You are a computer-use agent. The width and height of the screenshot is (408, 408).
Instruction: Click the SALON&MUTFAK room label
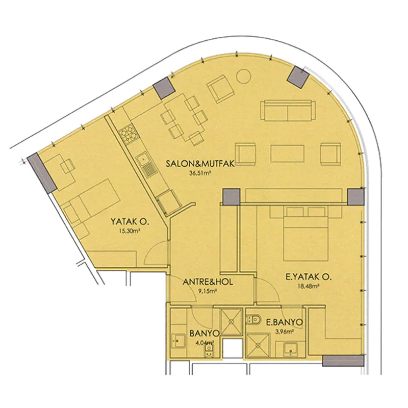200,164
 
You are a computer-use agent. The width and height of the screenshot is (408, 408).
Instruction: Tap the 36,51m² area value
200,172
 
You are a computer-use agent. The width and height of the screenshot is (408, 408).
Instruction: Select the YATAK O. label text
130,222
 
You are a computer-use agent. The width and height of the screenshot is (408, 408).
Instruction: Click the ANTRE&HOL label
208,282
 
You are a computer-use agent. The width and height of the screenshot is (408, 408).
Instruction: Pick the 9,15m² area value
208,291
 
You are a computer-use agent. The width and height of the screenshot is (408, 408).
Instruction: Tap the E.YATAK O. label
309,277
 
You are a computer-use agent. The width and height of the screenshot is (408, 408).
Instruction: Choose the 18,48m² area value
309,287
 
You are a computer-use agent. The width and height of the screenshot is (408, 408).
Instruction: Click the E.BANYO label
285,322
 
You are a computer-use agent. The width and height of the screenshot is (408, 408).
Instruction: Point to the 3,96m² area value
285,331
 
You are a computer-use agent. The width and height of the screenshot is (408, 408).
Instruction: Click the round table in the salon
244,76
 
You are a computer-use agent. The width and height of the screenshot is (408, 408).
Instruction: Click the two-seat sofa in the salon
288,110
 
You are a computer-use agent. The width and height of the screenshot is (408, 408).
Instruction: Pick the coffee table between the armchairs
287,154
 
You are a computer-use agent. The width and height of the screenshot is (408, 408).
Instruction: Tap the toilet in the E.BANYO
253,319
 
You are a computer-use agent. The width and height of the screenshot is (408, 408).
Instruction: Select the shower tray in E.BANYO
258,345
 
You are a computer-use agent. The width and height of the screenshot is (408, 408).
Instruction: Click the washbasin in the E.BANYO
290,349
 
